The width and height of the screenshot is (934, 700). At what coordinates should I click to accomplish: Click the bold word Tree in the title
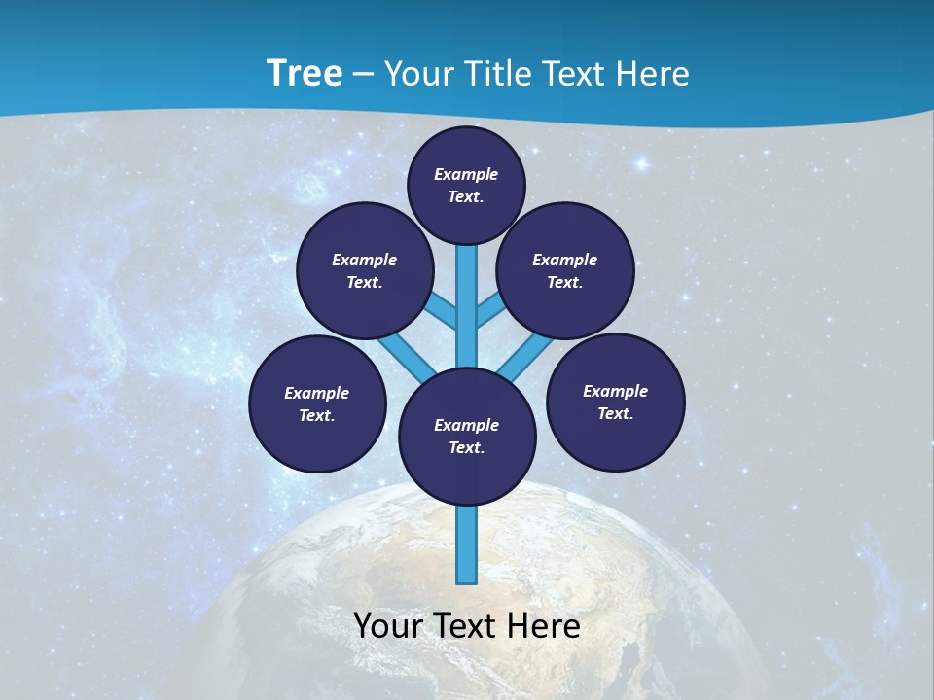point(305,74)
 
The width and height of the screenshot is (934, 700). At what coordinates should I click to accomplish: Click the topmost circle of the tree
point(466,185)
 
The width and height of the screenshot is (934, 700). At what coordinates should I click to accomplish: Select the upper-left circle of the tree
point(365,270)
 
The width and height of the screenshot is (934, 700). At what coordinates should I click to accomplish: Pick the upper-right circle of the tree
point(565,270)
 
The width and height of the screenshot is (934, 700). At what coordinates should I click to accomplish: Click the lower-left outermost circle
point(317,403)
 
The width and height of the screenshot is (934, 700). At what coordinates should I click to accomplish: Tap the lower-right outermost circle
point(615,402)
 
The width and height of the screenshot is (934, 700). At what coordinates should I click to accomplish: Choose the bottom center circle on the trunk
point(467,436)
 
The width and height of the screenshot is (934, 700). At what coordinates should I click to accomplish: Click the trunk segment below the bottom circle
point(467,544)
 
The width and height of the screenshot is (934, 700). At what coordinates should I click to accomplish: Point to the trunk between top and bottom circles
point(467,311)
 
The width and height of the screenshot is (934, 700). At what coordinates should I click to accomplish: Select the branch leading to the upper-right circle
point(489,309)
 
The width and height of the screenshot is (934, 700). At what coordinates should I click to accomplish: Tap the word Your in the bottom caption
point(388,626)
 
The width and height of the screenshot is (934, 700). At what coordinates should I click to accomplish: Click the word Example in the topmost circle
point(466,174)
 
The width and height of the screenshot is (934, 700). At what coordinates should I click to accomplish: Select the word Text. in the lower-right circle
point(615,413)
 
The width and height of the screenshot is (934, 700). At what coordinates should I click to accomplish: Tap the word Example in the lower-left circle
point(317,393)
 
